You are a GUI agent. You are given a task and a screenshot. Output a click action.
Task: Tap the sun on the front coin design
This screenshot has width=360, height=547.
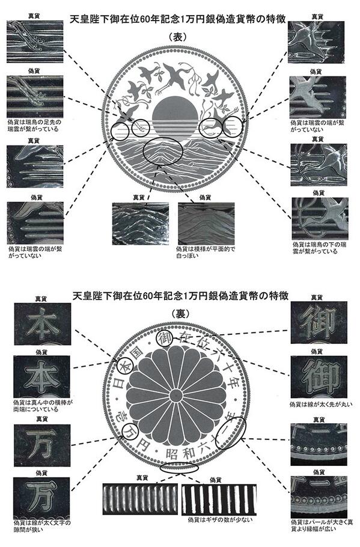[x=174, y=114]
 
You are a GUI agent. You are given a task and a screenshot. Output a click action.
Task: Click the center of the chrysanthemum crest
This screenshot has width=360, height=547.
[x=178, y=397]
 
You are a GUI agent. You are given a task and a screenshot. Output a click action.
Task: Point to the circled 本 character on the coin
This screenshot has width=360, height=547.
[x=123, y=365]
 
